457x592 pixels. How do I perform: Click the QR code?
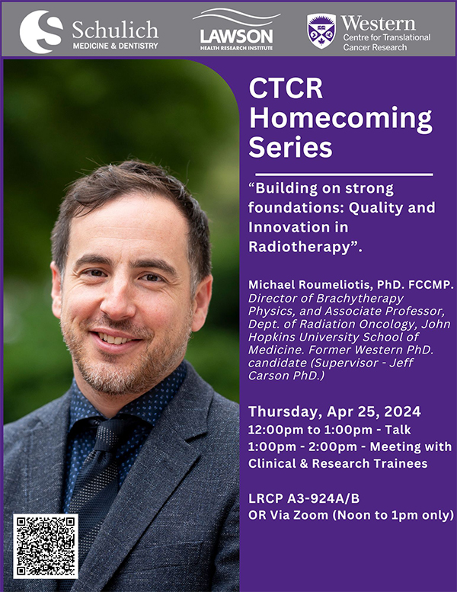46,546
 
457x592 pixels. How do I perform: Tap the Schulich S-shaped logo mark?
41,32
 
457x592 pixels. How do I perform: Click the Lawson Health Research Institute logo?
237,30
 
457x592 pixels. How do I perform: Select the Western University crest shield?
321,31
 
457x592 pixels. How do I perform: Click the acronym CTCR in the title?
286,88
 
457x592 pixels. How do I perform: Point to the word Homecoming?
340,118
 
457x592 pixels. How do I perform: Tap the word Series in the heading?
290,147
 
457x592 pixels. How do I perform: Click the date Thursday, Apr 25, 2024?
334,411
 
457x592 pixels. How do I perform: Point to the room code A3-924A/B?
324,498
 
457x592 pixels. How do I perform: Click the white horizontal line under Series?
344,174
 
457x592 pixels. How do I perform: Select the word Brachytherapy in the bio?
360,299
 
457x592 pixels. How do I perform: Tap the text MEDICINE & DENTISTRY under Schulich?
115,46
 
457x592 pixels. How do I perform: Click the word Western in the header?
378,24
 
